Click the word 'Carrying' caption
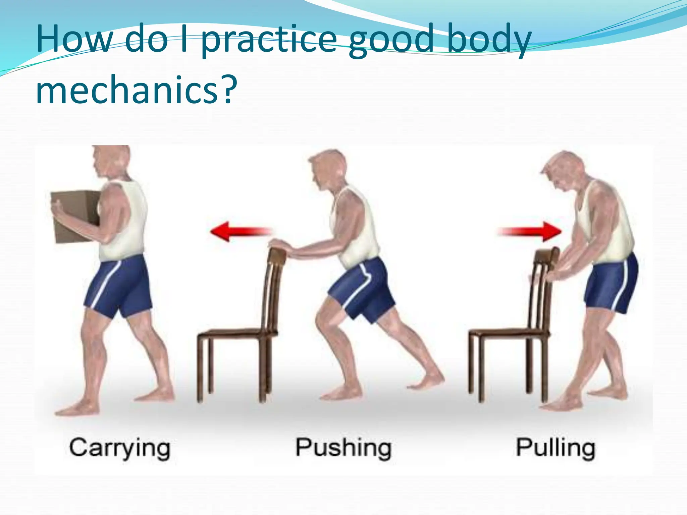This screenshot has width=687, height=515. click(120, 448)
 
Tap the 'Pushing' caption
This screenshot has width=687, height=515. click(343, 448)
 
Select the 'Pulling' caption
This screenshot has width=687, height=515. click(556, 448)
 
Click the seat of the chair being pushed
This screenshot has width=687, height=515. click(235, 333)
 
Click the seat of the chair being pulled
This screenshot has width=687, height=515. click(507, 333)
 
